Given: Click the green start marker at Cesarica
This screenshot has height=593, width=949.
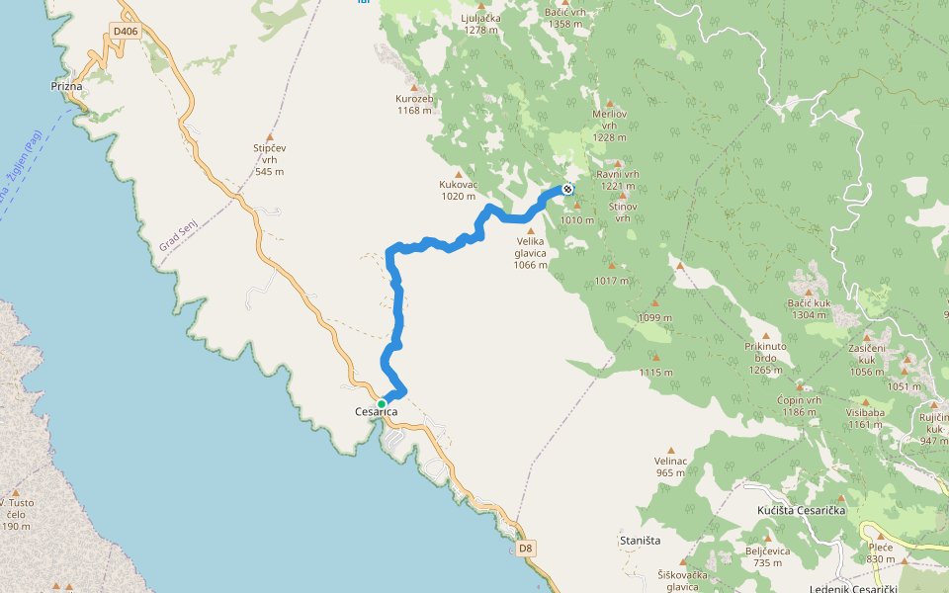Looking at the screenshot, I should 382,403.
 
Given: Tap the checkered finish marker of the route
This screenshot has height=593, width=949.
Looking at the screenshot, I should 567,189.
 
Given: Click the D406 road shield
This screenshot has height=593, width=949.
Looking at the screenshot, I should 126,32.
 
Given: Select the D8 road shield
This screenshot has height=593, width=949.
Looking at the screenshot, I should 526,548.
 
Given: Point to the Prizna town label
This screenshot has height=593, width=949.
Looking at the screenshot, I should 66,87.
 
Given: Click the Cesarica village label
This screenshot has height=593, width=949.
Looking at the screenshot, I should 376,412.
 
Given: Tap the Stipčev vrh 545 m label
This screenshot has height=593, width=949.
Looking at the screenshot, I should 269,159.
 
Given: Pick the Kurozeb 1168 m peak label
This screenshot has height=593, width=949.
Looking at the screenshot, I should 414,104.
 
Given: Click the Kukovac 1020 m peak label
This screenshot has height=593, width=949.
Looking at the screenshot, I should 458,190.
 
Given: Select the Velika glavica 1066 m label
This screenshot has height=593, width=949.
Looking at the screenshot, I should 530,253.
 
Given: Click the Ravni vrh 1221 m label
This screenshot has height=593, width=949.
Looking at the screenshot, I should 618,180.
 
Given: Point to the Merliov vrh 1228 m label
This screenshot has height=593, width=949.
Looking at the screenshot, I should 610,126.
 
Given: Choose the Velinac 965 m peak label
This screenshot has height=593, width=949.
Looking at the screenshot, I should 670,466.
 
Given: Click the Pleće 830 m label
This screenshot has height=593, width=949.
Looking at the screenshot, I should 880,552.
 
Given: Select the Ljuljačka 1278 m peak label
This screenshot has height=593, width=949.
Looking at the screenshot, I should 480,24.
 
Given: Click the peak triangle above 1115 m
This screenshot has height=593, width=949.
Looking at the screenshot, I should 655,358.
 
